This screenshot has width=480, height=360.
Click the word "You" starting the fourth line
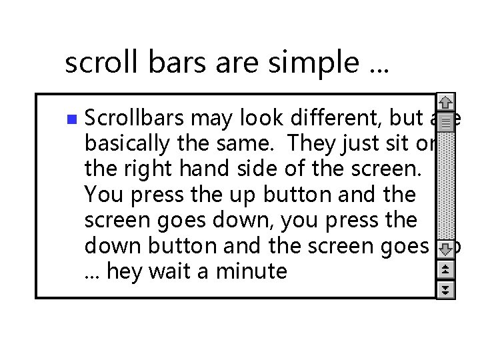click(100, 195)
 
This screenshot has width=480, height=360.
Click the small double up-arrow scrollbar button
click(446, 270)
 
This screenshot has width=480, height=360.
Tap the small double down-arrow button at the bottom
click(446, 289)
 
